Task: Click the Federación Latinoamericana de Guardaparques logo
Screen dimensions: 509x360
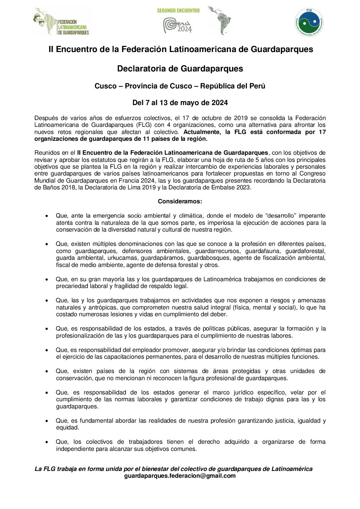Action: pyautogui.click(x=61, y=22)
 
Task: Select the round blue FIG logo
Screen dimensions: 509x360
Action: pyautogui.click(x=309, y=22)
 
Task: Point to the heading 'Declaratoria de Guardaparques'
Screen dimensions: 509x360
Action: pyautogui.click(x=180, y=69)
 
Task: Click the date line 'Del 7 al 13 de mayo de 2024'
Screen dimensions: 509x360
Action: pyautogui.click(x=180, y=103)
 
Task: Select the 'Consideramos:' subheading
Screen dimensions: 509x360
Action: pyautogui.click(x=180, y=201)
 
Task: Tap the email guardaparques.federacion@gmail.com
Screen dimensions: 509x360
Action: pyautogui.click(x=180, y=476)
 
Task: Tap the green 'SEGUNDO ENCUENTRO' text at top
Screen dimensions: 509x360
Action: pyautogui.click(x=178, y=11)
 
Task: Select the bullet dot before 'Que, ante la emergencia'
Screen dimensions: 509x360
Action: pyautogui.click(x=47, y=216)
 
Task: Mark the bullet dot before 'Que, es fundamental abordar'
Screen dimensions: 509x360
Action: pyautogui.click(x=47, y=421)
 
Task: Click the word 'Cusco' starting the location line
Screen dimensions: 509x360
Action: pyautogui.click(x=105, y=86)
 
